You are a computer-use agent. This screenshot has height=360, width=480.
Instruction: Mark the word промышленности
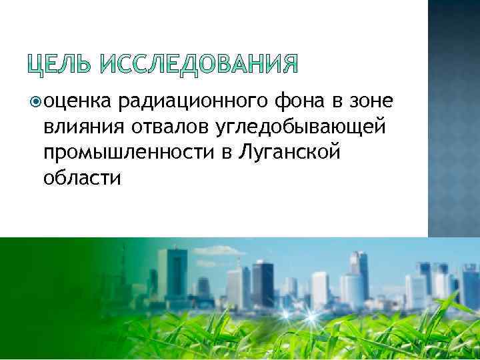point(129,153)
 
